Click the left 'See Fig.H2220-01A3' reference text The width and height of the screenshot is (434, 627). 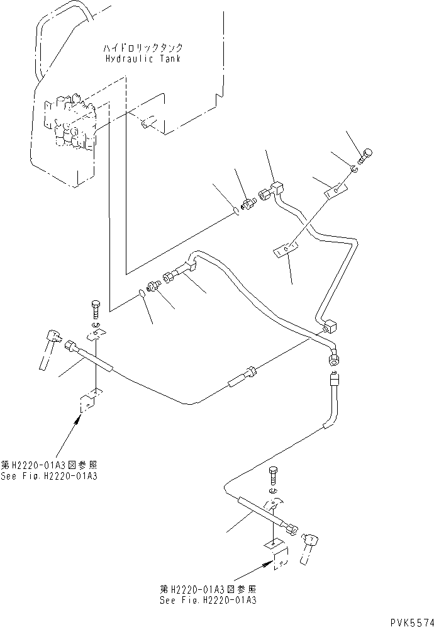coord(50,476)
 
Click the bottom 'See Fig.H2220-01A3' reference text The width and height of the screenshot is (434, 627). coord(208,600)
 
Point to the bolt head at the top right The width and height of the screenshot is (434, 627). coord(368,152)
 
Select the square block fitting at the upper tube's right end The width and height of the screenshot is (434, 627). coord(330,326)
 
